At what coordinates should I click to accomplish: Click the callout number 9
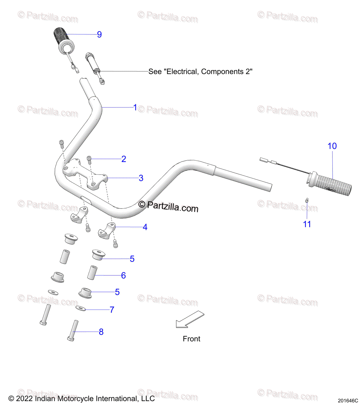tap(99, 34)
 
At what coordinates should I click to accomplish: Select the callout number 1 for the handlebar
tap(135, 108)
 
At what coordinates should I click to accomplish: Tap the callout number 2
tap(124, 159)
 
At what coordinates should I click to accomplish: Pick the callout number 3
tap(141, 178)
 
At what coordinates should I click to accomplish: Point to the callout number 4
tap(145, 227)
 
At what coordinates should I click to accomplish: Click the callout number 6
tap(123, 275)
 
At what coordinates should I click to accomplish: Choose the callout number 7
tap(112, 309)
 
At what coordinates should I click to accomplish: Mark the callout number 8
tap(101, 332)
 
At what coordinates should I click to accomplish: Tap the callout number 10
tap(332, 146)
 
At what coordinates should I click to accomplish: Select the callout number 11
tap(307, 224)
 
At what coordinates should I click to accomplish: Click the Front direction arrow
tap(190, 319)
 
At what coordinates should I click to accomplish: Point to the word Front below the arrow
tap(191, 339)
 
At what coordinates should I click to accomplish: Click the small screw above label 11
tap(307, 200)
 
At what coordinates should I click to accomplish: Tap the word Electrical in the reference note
tap(182, 72)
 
